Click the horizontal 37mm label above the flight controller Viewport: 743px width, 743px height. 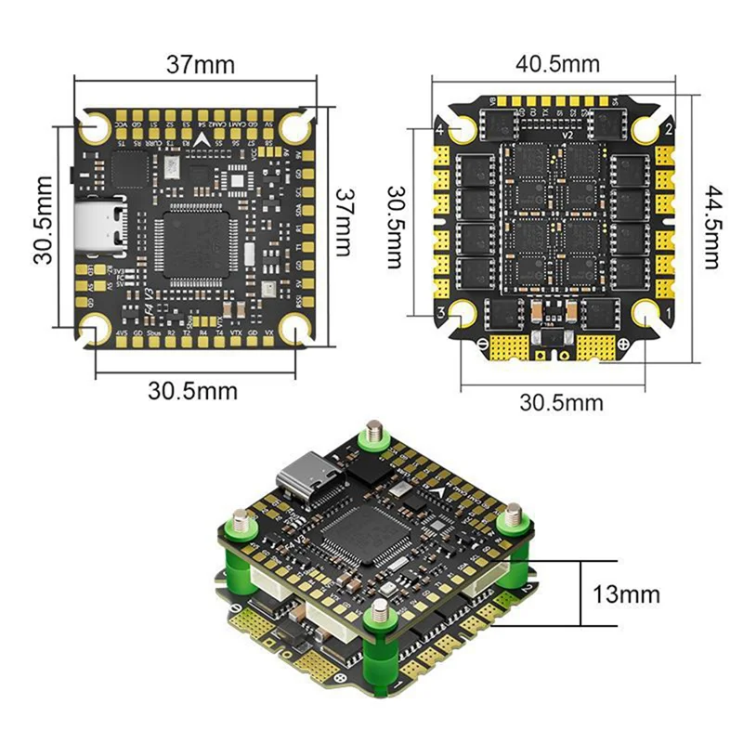pyautogui.click(x=201, y=66)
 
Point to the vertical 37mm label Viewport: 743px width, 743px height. pyautogui.click(x=345, y=223)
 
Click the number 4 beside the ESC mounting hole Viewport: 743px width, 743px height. pyautogui.click(x=441, y=129)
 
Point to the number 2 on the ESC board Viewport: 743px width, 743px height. pyautogui.click(x=667, y=128)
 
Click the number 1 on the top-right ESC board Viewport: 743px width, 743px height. pyautogui.click(x=666, y=314)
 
